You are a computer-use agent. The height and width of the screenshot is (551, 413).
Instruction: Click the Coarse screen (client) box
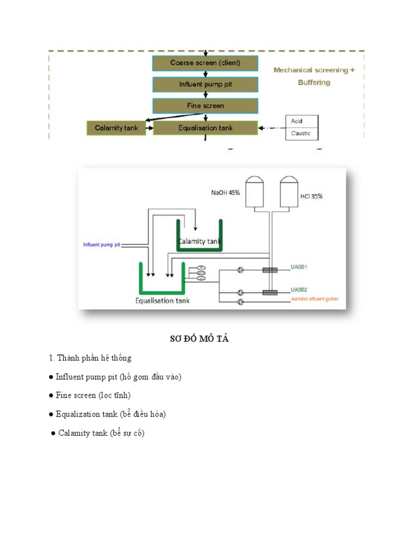click(x=205, y=63)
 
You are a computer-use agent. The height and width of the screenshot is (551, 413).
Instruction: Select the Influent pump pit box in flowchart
click(x=205, y=84)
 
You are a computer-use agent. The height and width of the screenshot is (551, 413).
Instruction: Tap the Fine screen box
click(x=205, y=106)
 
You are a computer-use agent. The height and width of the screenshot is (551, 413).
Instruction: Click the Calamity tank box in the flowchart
click(x=116, y=128)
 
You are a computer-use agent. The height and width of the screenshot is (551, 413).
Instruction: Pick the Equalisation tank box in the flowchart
click(x=205, y=128)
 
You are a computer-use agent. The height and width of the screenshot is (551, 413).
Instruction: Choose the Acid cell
click(x=301, y=121)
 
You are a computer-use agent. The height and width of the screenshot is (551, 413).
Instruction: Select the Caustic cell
click(x=301, y=133)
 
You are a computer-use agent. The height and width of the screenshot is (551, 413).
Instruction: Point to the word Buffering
click(x=314, y=83)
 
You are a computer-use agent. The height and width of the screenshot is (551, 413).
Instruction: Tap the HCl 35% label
click(x=311, y=196)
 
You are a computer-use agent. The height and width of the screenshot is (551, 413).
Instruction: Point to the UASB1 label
click(x=299, y=267)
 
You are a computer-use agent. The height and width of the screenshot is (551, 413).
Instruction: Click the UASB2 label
click(x=299, y=289)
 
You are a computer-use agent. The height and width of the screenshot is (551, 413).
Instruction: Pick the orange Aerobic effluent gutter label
click(x=315, y=299)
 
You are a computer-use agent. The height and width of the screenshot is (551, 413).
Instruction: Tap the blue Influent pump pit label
click(x=102, y=245)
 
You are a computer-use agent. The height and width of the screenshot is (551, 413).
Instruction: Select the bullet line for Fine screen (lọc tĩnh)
click(x=93, y=395)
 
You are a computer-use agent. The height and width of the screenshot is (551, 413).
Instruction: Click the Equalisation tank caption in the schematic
click(x=162, y=300)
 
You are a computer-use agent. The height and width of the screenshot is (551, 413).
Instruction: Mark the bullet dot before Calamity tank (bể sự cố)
click(x=53, y=433)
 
